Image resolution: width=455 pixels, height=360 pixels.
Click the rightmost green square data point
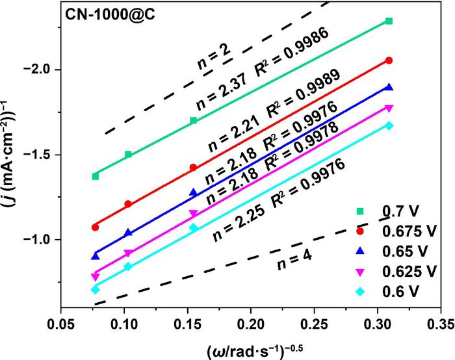click(389, 21)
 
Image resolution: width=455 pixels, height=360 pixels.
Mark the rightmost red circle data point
click(389, 60)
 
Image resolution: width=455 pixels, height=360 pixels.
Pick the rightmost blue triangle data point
click(389, 87)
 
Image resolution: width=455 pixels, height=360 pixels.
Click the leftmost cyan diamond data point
click(96, 289)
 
